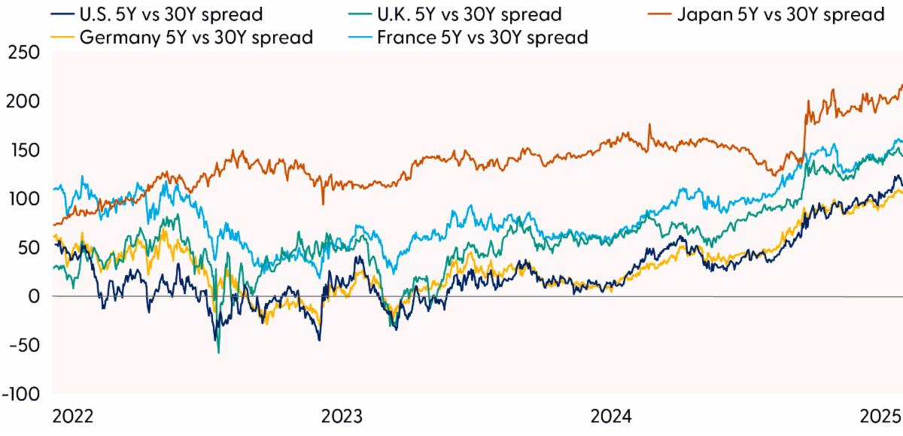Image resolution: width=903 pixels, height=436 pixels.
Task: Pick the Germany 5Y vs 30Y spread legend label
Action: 184,35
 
